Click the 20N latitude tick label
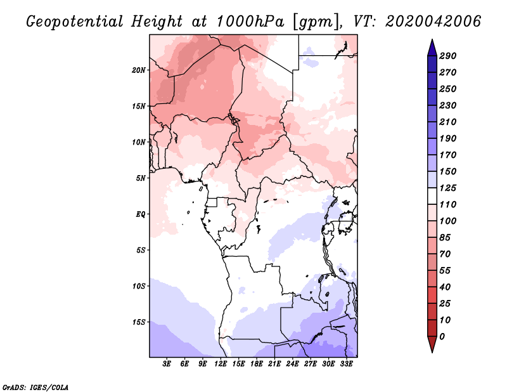(139, 70)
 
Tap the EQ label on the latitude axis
(141, 214)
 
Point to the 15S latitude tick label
(139, 322)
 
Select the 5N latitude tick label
(141, 178)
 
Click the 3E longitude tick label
(167, 364)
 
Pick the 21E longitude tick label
(274, 364)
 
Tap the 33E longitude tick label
(346, 364)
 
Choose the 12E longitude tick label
(221, 364)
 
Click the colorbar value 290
(448, 56)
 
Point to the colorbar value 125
(448, 188)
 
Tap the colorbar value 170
(448, 155)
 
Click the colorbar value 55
(446, 270)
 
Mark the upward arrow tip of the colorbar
(432, 41)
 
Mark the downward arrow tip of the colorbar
(432, 351)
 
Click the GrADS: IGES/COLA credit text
(35, 386)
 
